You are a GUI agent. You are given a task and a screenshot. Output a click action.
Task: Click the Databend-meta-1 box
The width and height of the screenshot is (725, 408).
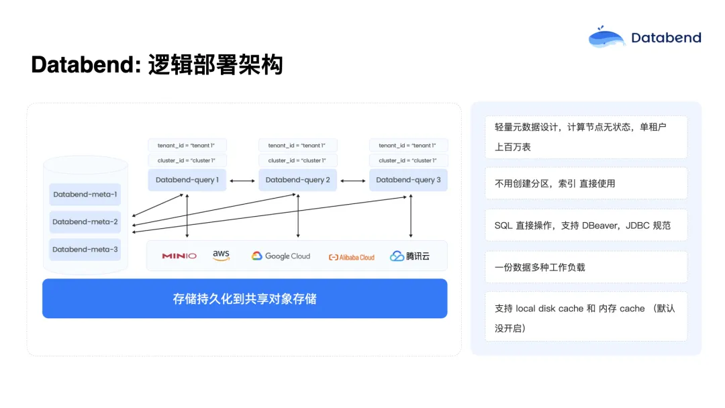pyautogui.click(x=85, y=195)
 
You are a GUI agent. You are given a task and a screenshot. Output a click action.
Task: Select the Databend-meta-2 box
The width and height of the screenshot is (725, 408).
pyautogui.click(x=85, y=222)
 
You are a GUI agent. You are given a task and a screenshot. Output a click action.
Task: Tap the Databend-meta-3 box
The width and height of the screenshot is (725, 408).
pyautogui.click(x=85, y=250)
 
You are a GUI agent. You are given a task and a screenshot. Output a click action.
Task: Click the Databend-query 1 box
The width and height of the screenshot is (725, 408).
pyautogui.click(x=187, y=180)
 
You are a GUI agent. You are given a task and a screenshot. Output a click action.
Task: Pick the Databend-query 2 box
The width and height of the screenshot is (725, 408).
pyautogui.click(x=298, y=180)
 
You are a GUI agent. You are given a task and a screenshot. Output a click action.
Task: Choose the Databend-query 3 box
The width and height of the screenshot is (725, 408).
pyautogui.click(x=408, y=180)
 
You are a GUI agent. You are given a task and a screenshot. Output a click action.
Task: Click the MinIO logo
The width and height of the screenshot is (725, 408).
pyautogui.click(x=179, y=256)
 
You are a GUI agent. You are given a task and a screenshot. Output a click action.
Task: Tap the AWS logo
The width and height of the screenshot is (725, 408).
pyautogui.click(x=221, y=256)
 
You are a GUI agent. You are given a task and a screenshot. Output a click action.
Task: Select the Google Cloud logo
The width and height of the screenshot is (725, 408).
pyautogui.click(x=281, y=256)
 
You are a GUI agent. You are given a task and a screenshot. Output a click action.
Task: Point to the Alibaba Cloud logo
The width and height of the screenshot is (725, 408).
pyautogui.click(x=351, y=258)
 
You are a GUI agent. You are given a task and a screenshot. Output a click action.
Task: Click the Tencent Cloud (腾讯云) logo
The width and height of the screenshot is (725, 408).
pyautogui.click(x=409, y=256)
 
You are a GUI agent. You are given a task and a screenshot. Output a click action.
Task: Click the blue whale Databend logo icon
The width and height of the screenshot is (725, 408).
pyautogui.click(x=606, y=37)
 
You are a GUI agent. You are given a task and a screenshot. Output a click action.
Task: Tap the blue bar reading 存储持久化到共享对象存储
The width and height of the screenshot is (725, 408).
pyautogui.click(x=244, y=299)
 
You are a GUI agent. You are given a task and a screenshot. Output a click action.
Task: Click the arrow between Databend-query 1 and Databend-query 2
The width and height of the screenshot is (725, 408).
pyautogui.click(x=242, y=181)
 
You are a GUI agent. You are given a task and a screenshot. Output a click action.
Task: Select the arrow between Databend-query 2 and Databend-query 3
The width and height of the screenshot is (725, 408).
pyautogui.click(x=353, y=181)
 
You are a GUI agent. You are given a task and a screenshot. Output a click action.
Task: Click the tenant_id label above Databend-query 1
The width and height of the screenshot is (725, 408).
pyautogui.click(x=187, y=145)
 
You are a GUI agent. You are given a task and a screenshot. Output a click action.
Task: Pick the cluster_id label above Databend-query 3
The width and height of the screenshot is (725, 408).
pyautogui.click(x=408, y=160)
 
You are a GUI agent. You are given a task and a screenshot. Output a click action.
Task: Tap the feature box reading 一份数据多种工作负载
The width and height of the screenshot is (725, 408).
pyautogui.click(x=586, y=267)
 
